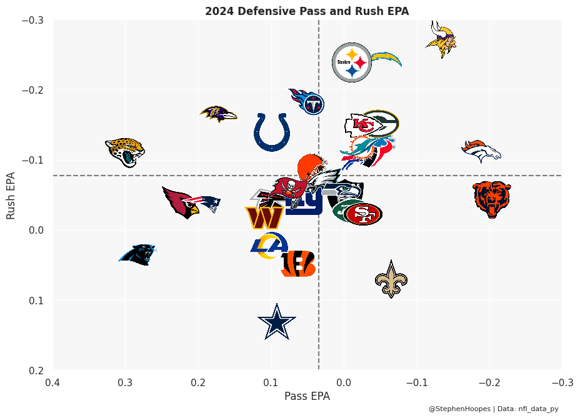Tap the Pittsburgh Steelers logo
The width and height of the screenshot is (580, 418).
[352, 62]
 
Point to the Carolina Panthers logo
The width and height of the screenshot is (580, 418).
[138, 254]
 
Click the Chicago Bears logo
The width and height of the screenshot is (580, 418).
[492, 199]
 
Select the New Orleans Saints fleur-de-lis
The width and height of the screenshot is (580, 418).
[391, 279]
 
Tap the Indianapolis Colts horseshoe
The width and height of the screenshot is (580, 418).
[272, 132]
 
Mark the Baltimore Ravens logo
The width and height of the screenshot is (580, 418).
[218, 114]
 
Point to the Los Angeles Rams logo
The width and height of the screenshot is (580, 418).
[269, 245]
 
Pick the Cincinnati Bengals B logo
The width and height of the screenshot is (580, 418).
[298, 264]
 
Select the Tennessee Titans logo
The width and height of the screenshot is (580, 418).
[307, 101]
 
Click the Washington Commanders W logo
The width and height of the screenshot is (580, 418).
[264, 217]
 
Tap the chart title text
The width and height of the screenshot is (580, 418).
[307, 11]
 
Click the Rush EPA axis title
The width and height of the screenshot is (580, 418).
[11, 195]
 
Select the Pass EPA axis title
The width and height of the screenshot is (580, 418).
[307, 396]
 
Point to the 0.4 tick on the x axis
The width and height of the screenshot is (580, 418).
[53, 381]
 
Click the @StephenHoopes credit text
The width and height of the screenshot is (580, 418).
[459, 409]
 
